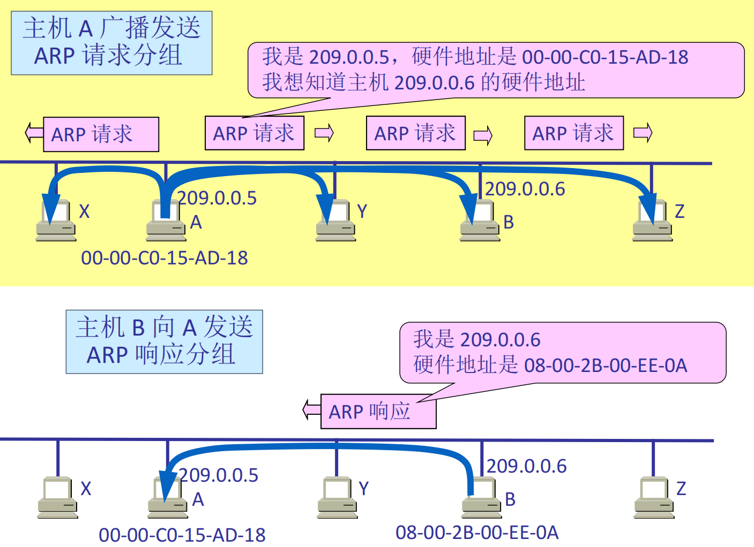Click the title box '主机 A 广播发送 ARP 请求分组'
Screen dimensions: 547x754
click(111, 43)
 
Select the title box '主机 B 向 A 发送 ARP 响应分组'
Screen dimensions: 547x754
click(164, 341)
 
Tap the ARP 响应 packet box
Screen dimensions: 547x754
click(378, 411)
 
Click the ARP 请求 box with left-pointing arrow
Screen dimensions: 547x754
click(101, 134)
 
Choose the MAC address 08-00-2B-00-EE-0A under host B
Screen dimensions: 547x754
click(477, 533)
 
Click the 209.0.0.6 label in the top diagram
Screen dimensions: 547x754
click(525, 189)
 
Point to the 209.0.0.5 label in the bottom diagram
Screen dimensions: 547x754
click(219, 475)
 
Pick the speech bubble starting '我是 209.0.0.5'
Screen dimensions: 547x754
click(496, 70)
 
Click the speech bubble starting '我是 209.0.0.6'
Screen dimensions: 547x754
click(563, 353)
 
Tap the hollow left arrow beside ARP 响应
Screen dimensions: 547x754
click(312, 410)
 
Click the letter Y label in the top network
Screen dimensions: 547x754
click(362, 212)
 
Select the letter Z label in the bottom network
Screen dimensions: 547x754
click(681, 489)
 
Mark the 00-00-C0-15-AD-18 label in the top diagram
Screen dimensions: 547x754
click(165, 258)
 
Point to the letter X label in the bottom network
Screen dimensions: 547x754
click(86, 489)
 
